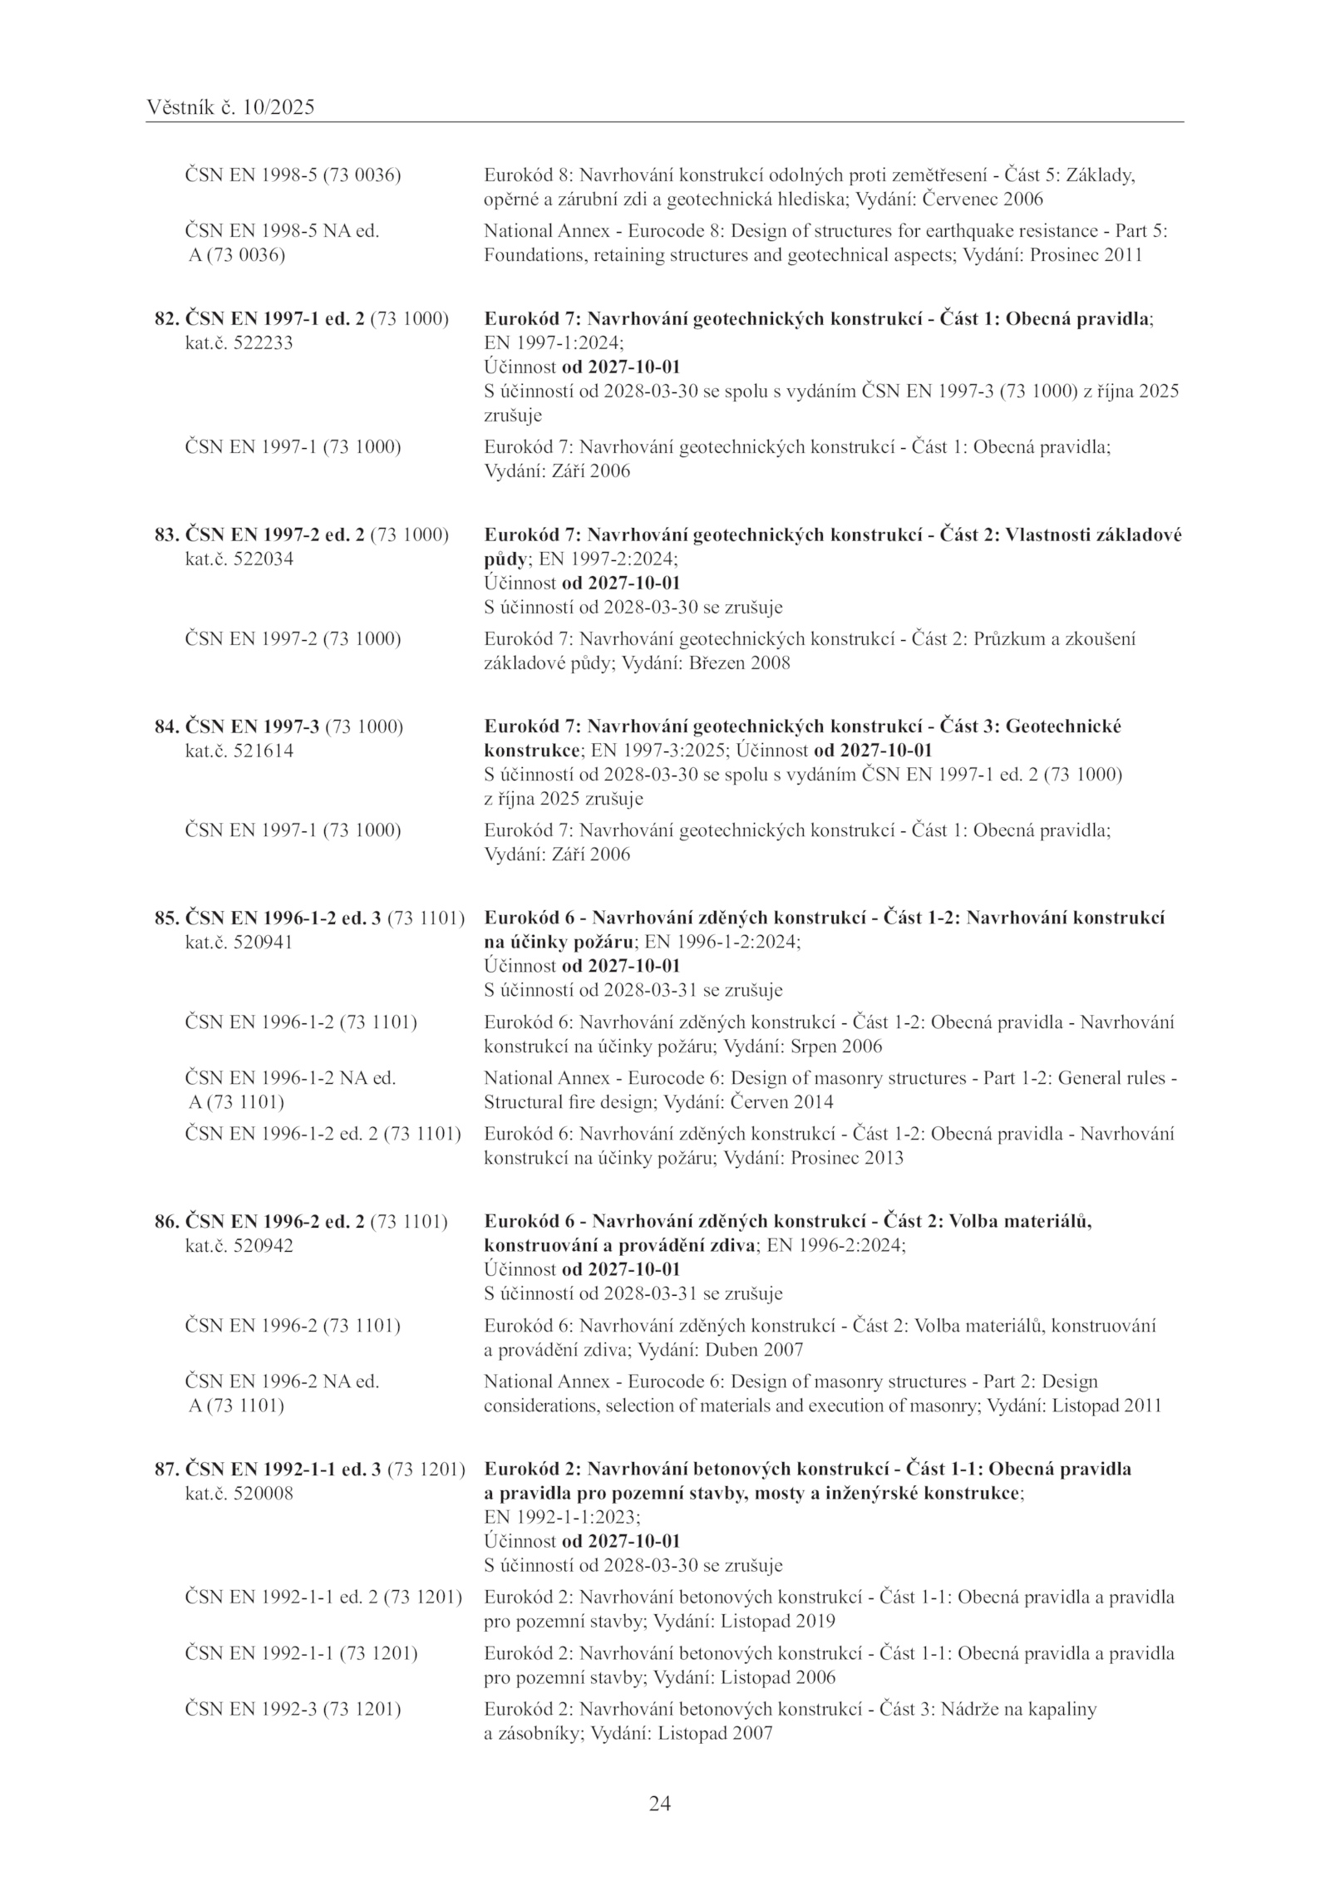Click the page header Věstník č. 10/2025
click(x=230, y=107)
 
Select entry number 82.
click(x=167, y=319)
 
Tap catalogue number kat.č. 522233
click(x=239, y=343)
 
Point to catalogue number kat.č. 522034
click(x=239, y=559)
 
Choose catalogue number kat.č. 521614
click(x=239, y=751)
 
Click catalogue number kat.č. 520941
click(x=239, y=943)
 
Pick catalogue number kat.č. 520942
click(x=239, y=1246)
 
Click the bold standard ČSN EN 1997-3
click(x=252, y=726)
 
